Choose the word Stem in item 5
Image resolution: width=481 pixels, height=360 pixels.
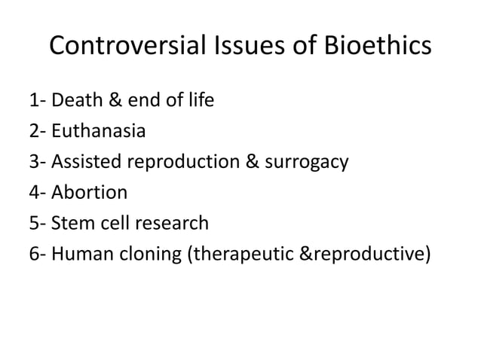tap(75, 224)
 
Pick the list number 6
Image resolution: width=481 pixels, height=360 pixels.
tap(35, 255)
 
